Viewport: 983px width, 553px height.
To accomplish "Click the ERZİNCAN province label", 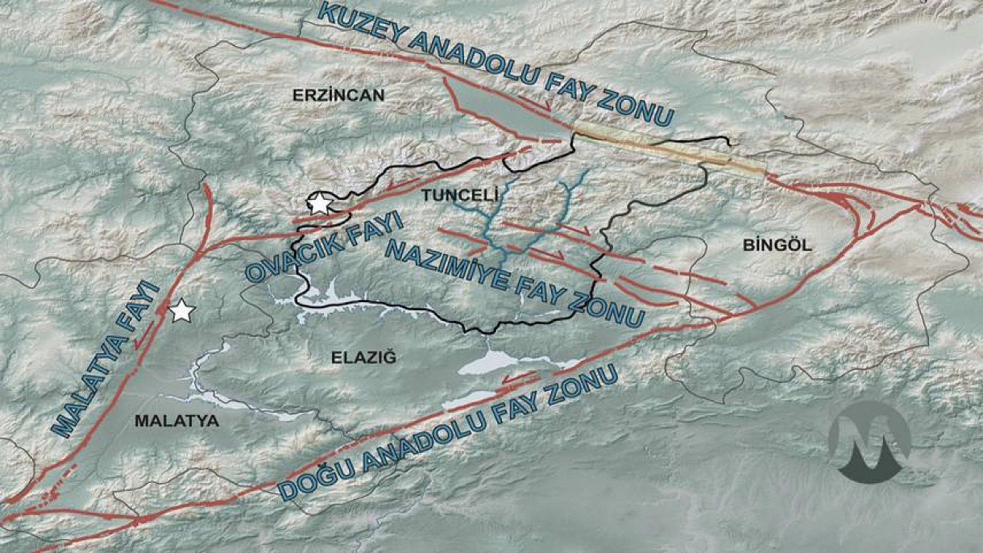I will pos(338,95).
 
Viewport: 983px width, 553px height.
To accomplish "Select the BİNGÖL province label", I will pos(777,245).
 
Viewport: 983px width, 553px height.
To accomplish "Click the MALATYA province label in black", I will pos(176,420).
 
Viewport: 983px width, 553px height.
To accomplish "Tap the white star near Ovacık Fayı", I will pos(319,204).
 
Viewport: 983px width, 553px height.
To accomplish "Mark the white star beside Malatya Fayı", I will pos(182,311).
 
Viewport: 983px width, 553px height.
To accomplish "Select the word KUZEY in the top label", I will pos(362,26).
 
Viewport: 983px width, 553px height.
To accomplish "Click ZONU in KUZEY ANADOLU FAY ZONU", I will pos(635,107).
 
